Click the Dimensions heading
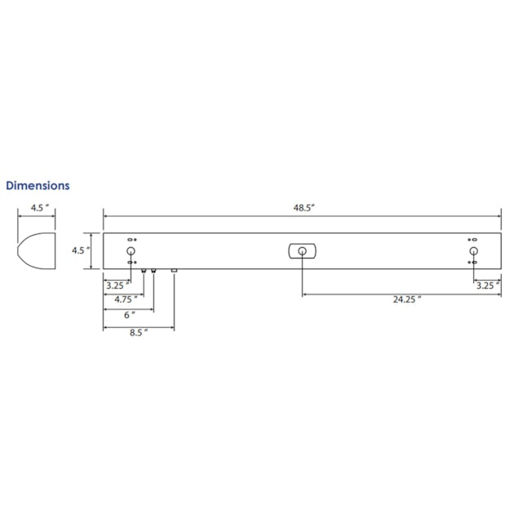pos(38,186)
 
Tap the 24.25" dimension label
pos(406,299)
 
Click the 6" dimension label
pos(128,315)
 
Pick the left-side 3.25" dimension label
pos(117,286)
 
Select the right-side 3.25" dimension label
pos(487,286)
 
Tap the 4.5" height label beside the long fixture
pos(79,250)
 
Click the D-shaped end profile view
pos(37,250)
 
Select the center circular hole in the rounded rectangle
pos(302,250)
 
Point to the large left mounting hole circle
pos(131,250)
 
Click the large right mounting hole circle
pos(473,250)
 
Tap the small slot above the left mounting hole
pos(131,240)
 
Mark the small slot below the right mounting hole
pos(473,263)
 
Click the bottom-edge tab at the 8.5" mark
pos(174,270)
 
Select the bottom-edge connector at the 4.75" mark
pos(144,271)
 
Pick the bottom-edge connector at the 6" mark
pos(153,271)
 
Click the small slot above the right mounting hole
pos(473,240)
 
